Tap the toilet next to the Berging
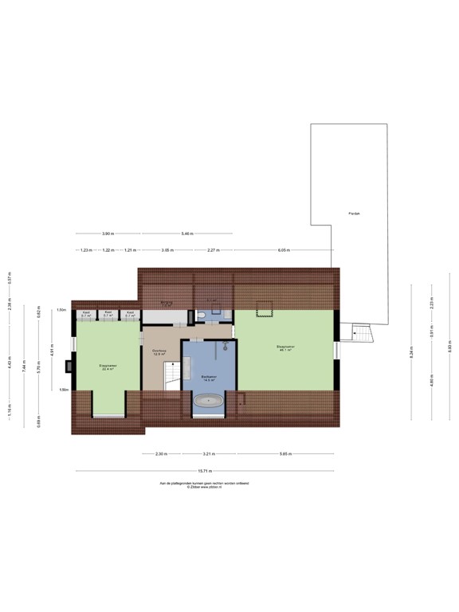(202, 316)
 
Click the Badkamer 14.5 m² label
(210, 379)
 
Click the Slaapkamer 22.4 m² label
(108, 367)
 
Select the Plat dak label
(354, 214)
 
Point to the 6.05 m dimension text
(284, 250)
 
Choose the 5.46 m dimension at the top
(186, 233)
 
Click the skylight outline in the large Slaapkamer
(265, 306)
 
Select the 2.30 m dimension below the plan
(161, 454)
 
